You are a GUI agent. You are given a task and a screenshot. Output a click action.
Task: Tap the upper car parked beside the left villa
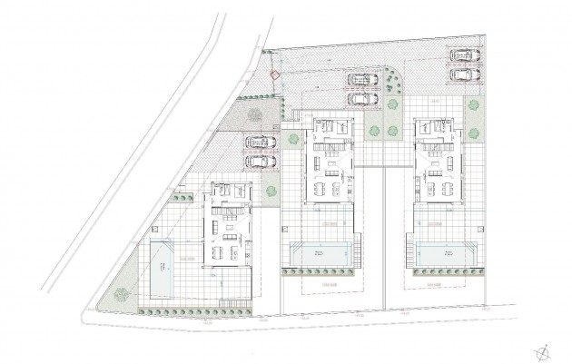point(260,143)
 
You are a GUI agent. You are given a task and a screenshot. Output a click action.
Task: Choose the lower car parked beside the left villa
point(260,161)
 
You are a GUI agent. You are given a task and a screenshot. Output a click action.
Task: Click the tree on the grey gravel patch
point(255,114)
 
